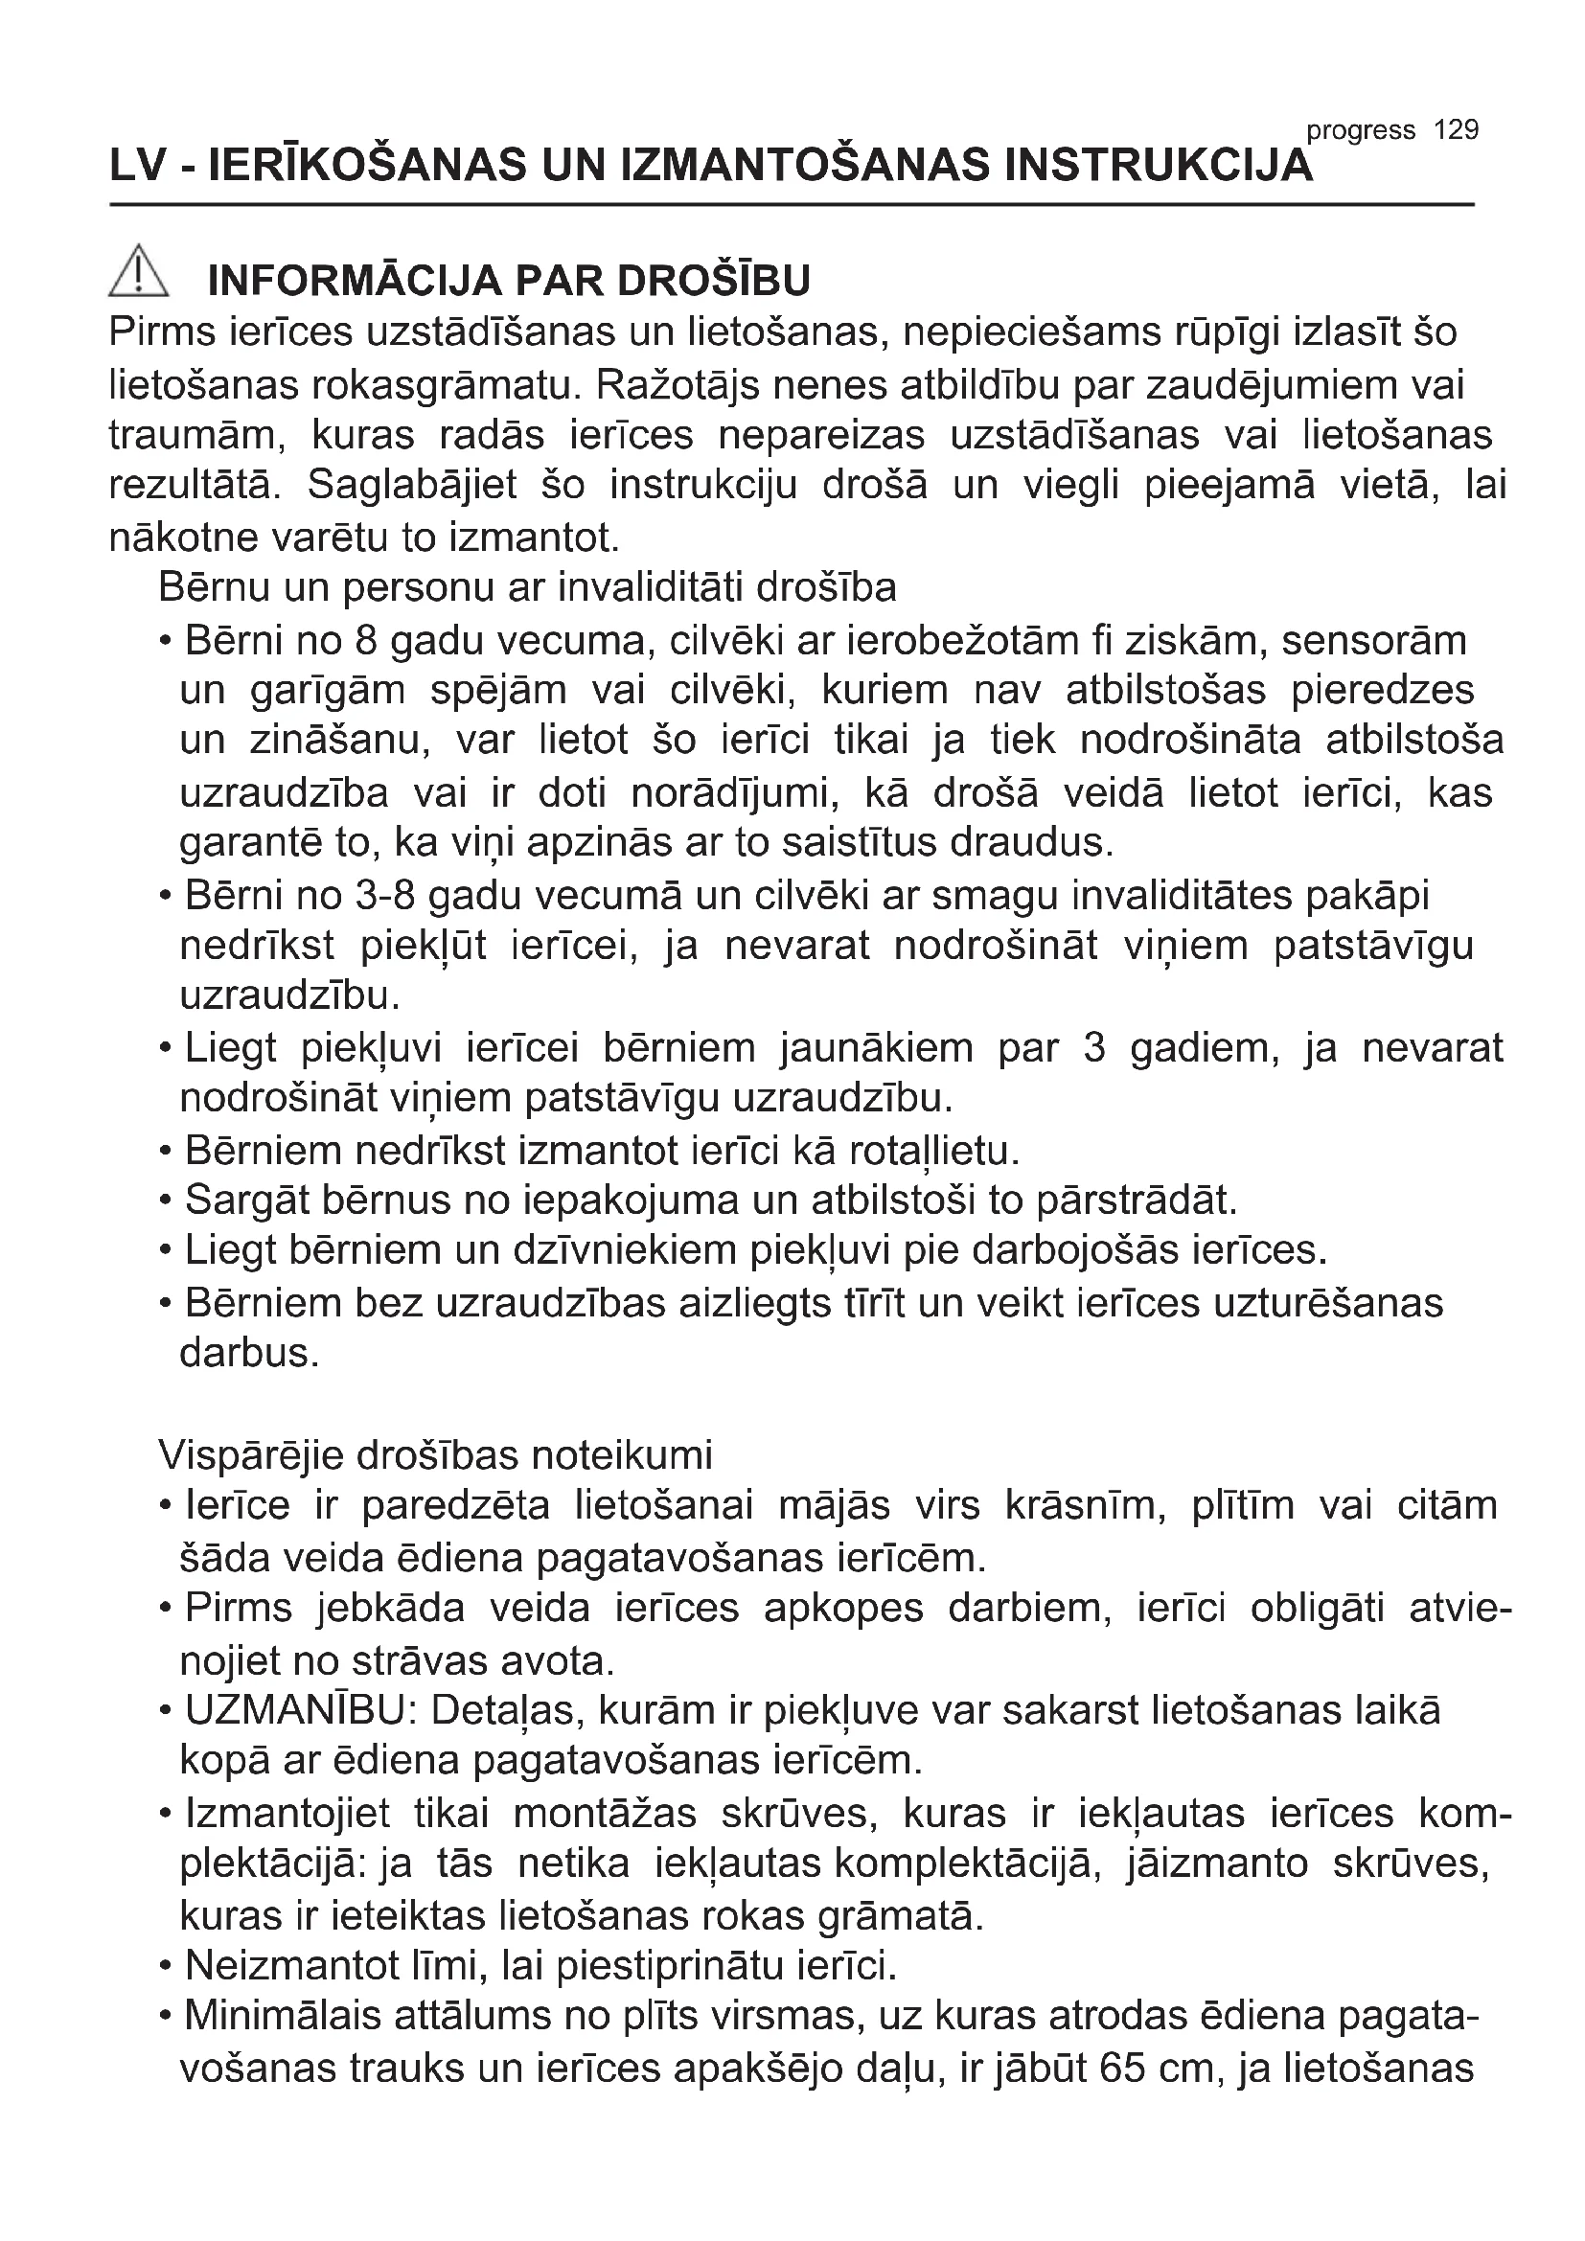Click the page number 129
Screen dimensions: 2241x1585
1457,129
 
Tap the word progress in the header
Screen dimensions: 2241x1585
1361,131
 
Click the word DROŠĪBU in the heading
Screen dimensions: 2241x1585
714,281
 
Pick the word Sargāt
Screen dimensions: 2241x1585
241,1201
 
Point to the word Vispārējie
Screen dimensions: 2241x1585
251,1455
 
